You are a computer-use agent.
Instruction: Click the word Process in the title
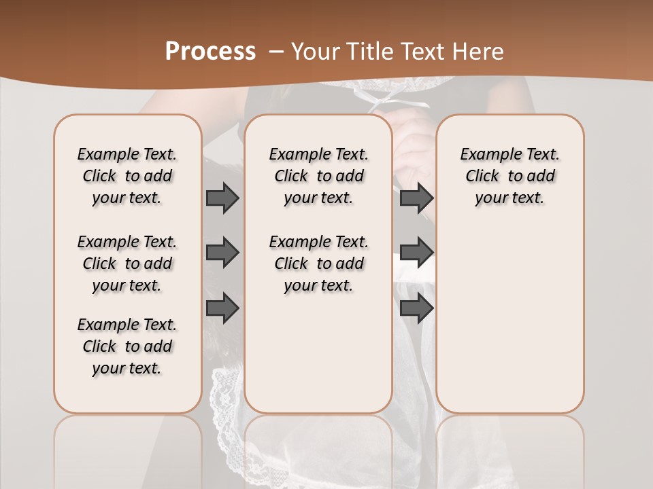[x=210, y=51]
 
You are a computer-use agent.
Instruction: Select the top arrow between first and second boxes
[x=222, y=198]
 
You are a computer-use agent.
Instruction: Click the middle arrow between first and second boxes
[x=222, y=253]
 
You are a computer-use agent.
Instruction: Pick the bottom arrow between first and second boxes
[x=222, y=308]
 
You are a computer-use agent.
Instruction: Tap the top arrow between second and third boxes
[x=416, y=198]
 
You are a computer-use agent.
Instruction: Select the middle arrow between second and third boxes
[x=416, y=253]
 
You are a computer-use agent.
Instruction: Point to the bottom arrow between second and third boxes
[x=416, y=308]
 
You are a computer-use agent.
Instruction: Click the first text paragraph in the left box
[x=127, y=176]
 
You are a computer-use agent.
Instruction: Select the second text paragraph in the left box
[x=127, y=264]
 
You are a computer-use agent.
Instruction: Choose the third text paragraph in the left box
[x=127, y=346]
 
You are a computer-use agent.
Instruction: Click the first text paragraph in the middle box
[x=318, y=176]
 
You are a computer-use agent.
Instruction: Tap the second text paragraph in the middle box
[x=318, y=264]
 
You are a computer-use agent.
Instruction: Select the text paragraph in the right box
[x=509, y=176]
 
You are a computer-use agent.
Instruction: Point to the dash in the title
[x=276, y=51]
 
